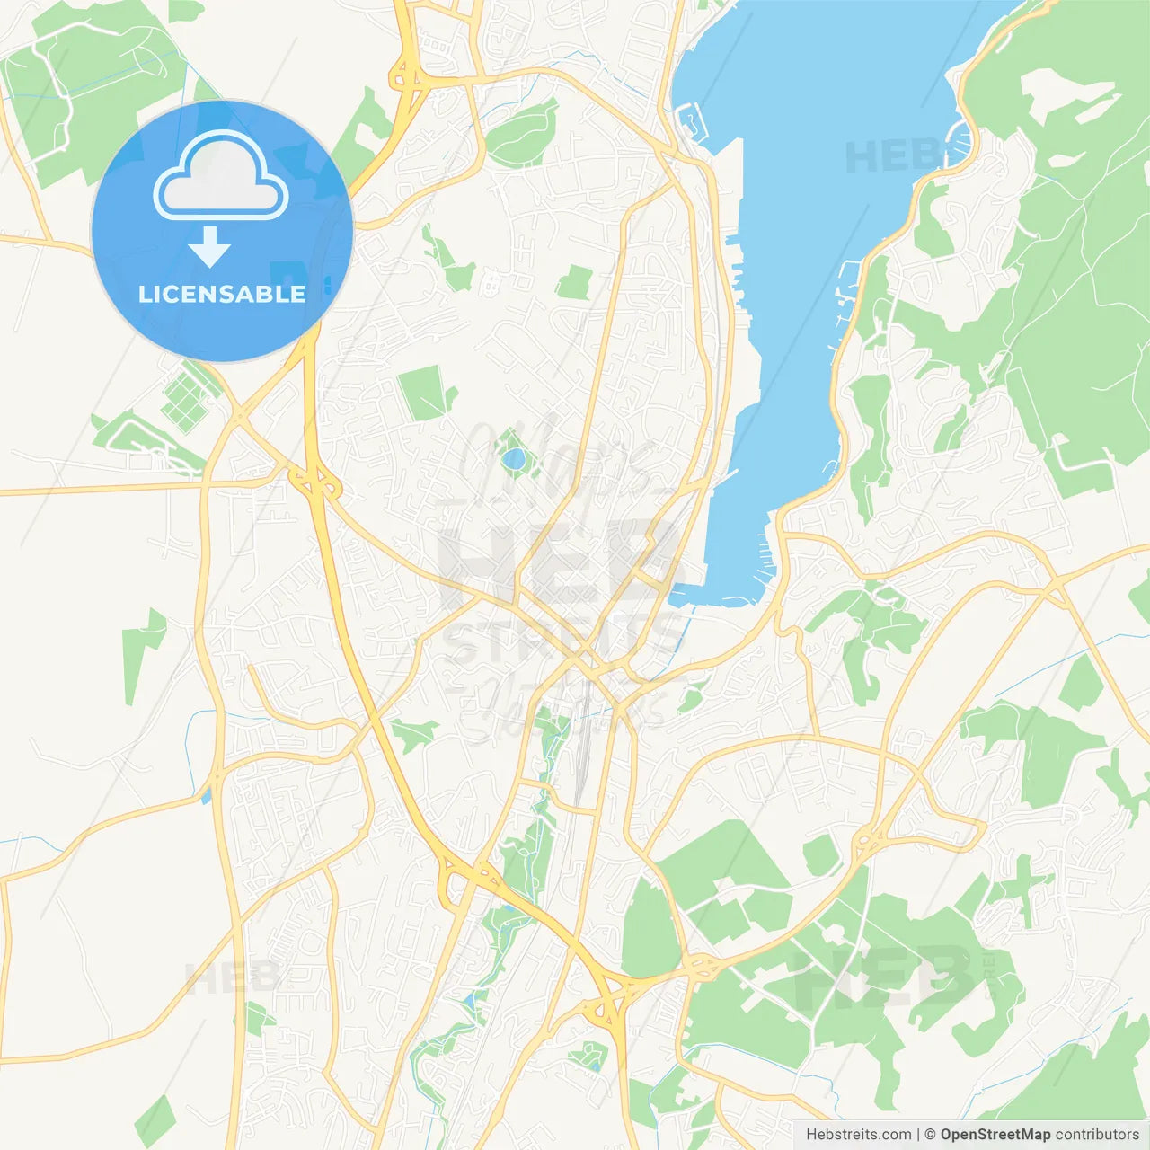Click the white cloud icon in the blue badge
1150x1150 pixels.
pos(221,176)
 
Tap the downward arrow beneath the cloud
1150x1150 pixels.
pos(209,247)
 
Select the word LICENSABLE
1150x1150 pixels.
pos(222,294)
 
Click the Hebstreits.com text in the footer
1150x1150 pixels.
pos(858,1135)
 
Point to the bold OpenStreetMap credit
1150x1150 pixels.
pos(995,1135)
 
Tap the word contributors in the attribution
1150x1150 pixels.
pos(1097,1135)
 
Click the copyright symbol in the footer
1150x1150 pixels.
pos(931,1135)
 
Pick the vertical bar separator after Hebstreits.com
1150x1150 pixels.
pos(918,1135)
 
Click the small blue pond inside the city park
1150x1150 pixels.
pos(514,459)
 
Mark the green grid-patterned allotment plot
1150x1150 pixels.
pos(187,396)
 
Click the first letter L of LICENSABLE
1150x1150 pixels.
pos(145,294)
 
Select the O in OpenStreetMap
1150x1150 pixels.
pos(947,1135)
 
